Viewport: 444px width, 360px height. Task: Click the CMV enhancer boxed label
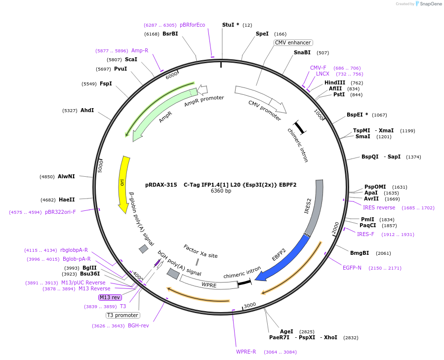pyautogui.click(x=293, y=42)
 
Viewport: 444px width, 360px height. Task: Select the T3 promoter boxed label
pyautogui.click(x=122, y=315)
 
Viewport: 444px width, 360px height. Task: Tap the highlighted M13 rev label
pyautogui.click(x=110, y=297)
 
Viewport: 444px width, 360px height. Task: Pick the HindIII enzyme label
pyautogui.click(x=335, y=82)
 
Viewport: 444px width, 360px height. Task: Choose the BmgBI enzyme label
pyautogui.click(x=360, y=253)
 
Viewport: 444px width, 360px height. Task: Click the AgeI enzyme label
pyautogui.click(x=286, y=331)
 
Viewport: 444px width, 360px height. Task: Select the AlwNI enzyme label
pyautogui.click(x=66, y=176)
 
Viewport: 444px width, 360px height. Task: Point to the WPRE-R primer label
pyautogui.click(x=246, y=352)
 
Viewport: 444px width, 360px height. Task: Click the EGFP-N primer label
pyautogui.click(x=352, y=268)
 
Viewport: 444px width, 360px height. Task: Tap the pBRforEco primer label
pyautogui.click(x=192, y=25)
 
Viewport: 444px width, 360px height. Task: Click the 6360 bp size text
pyautogui.click(x=221, y=191)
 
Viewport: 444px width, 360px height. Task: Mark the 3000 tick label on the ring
pyautogui.click(x=250, y=305)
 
